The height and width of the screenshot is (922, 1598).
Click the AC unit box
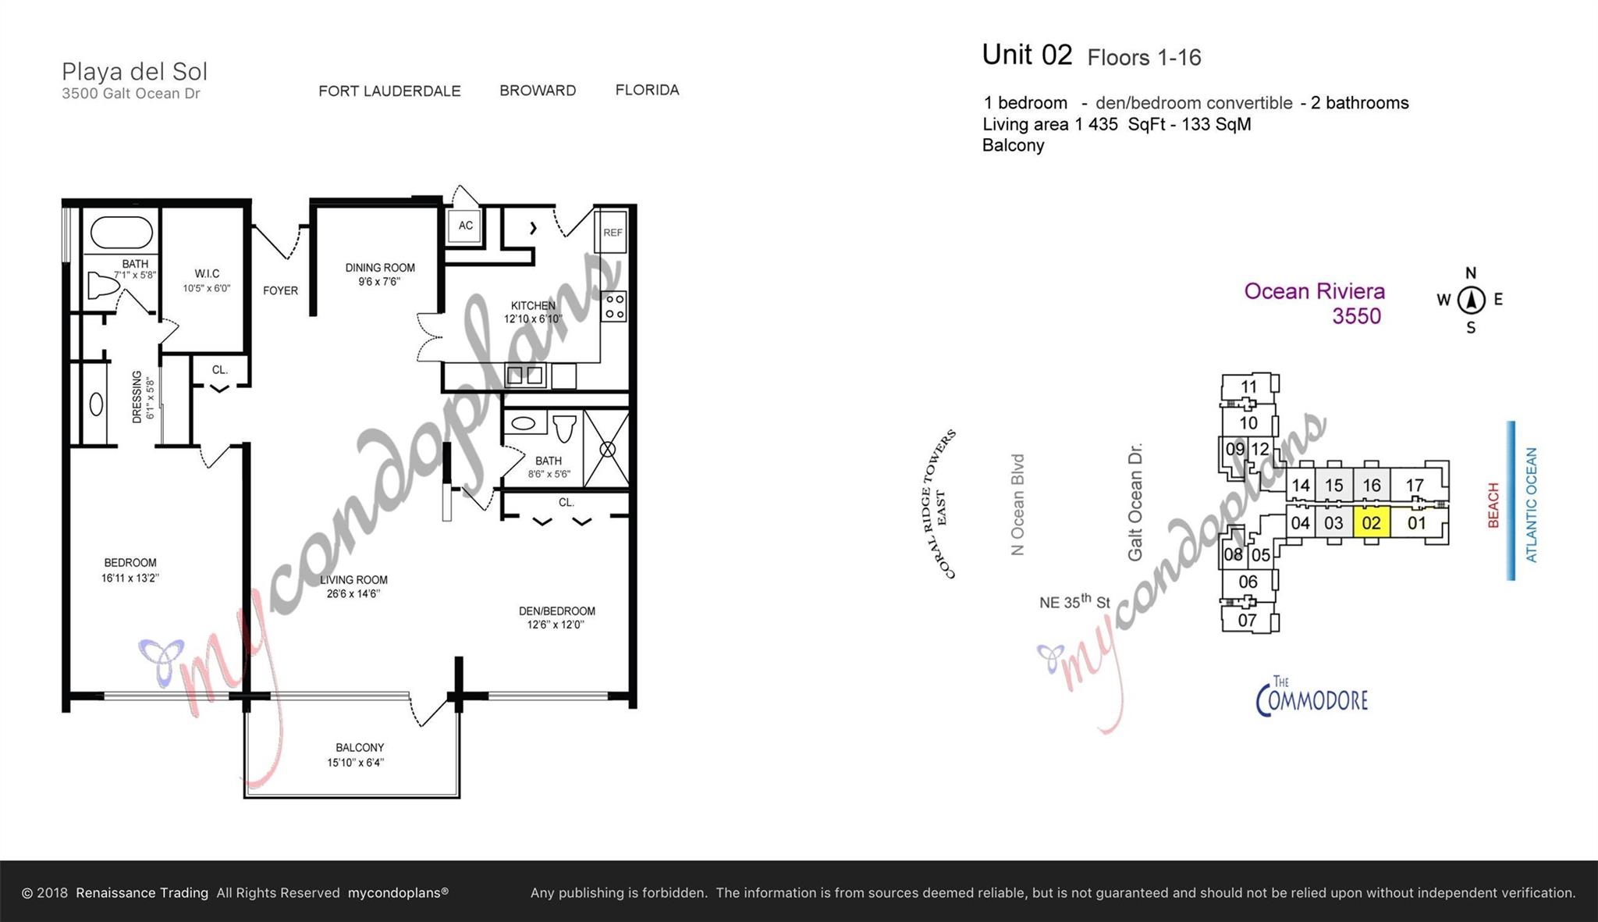465,226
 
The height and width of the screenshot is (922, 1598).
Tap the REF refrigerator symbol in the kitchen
613,232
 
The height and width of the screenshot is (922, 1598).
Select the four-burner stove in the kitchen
614,306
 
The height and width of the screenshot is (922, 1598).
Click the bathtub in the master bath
122,232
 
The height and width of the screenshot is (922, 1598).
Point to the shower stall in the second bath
607,449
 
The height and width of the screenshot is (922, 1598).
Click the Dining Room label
380,274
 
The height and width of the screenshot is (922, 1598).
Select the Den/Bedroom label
556,618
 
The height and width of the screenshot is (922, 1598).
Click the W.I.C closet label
207,280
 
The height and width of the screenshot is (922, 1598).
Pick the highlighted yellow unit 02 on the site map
1371,523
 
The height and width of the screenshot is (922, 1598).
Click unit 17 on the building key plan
1415,485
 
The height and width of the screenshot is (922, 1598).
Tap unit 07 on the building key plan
1247,620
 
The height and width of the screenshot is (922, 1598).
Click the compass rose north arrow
1471,300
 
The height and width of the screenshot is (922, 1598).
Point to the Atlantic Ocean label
1531,504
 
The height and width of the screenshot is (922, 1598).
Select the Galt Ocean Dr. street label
1135,502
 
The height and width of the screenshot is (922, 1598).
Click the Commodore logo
1312,696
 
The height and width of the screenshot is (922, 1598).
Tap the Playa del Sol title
134,72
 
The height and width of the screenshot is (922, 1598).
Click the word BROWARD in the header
538,91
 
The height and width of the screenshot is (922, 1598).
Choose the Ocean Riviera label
1315,291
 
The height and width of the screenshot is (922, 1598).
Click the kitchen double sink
524,376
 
